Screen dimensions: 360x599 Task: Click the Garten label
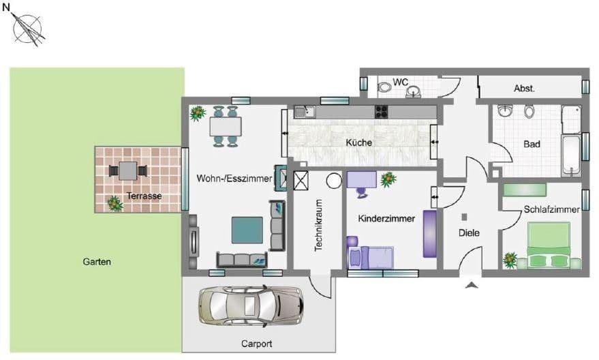96,262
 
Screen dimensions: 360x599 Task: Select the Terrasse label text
144,196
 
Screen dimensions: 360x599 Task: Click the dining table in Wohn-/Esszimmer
226,126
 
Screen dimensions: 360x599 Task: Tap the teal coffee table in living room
247,230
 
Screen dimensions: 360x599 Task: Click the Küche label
358,143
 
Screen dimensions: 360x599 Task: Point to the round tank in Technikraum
333,181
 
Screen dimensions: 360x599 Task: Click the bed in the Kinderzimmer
371,257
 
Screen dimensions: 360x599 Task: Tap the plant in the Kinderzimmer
388,179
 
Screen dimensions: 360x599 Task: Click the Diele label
469,233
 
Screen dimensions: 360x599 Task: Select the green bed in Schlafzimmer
549,246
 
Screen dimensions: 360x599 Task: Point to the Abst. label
524,89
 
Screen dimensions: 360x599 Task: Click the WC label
400,82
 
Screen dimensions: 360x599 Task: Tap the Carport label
256,343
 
